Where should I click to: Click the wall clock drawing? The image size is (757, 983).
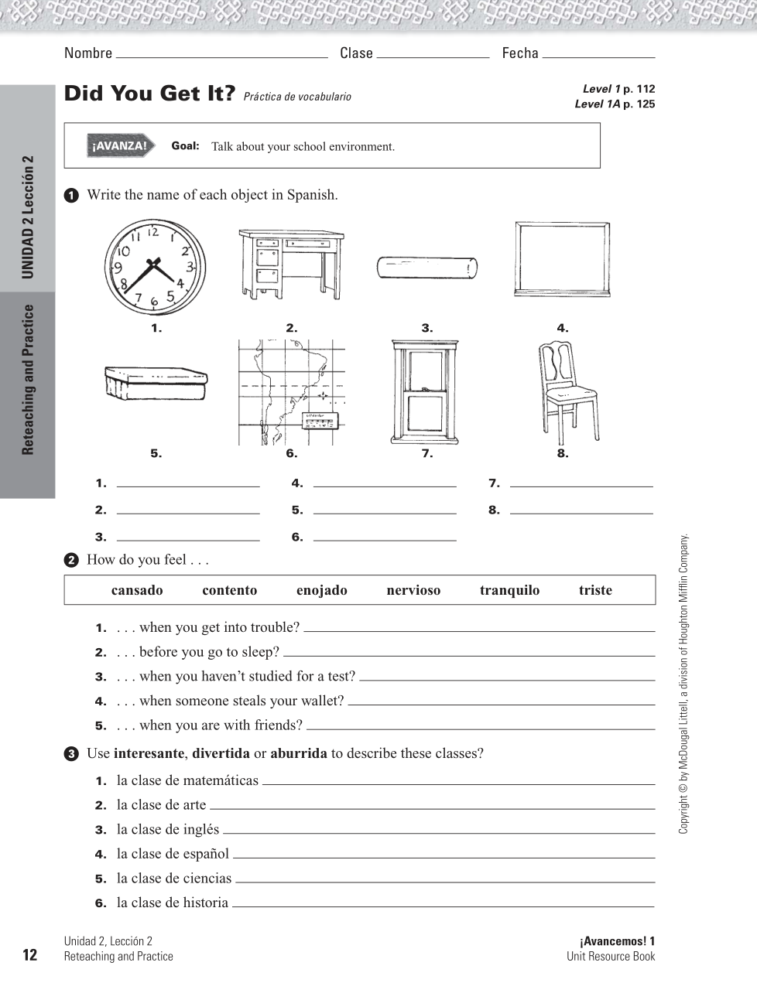[156, 266]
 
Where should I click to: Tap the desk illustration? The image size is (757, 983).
[291, 263]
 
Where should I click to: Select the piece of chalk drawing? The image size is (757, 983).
[427, 268]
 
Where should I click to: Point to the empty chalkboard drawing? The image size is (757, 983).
[562, 260]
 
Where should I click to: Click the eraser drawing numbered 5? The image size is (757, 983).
[156, 383]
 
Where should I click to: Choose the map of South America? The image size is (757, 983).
[291, 392]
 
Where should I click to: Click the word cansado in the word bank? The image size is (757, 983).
[137, 591]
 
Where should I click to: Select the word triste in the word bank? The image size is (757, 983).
[595, 591]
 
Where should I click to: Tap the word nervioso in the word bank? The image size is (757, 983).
[413, 591]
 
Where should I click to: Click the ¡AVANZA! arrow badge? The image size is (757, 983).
[118, 146]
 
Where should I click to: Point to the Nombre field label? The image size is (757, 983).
[88, 53]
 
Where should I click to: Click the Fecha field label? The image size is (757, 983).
[520, 53]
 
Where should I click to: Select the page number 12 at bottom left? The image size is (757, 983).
[29, 955]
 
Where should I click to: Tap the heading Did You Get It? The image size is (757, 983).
[149, 94]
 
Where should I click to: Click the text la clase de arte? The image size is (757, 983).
[161, 805]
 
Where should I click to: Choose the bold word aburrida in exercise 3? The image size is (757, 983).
[299, 754]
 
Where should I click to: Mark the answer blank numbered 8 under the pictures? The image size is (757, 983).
[581, 511]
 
